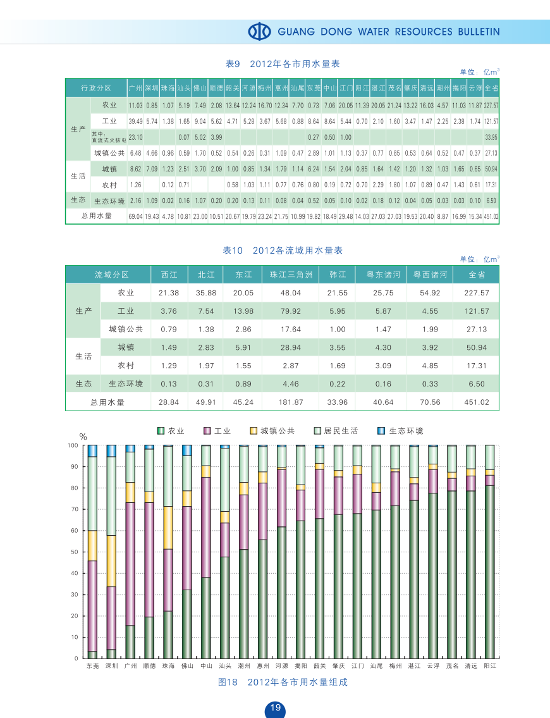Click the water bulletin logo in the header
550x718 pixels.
pos(259,31)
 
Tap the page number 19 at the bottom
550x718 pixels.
pos(275,708)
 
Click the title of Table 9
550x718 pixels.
pos(283,64)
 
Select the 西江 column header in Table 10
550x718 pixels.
pos(169,275)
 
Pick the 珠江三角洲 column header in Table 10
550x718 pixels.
pos(291,275)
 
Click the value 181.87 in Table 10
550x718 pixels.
pos(291,402)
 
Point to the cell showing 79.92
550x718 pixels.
pos(291,311)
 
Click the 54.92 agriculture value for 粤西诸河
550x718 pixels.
pos(430,293)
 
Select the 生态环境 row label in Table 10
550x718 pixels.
pos(126,384)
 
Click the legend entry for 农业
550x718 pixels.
pos(171,431)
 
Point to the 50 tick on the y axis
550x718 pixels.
pos(73,552)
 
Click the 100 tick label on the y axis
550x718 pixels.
pos(72,446)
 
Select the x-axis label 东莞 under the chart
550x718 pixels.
pos(93,666)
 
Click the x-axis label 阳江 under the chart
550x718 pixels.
pos(490,666)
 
